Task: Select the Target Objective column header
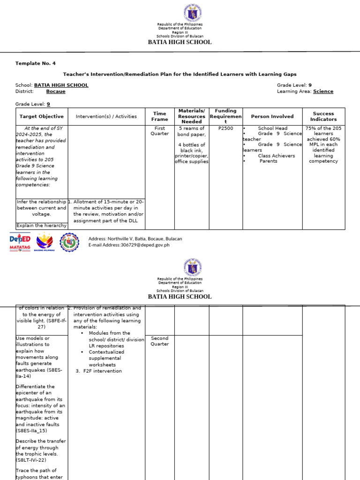click(x=41, y=116)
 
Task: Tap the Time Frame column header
click(x=159, y=116)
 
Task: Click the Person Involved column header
click(x=272, y=116)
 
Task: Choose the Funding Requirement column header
click(x=225, y=116)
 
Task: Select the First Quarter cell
click(x=159, y=131)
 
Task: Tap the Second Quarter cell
click(x=159, y=341)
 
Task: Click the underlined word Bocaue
click(x=56, y=91)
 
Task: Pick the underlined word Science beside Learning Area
click(x=323, y=91)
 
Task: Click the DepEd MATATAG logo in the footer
click(x=20, y=242)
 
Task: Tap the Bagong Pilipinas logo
click(x=45, y=242)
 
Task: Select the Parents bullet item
click(x=268, y=161)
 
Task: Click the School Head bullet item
click(x=272, y=128)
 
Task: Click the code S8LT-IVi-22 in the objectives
click(x=31, y=460)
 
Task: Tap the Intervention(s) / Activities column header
click(x=106, y=116)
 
